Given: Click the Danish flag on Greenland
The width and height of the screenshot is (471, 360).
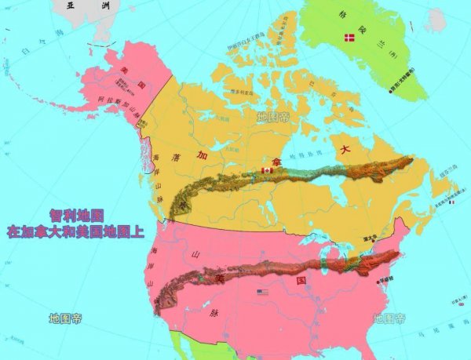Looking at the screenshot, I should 349,38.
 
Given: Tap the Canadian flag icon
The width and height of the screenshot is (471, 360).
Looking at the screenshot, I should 266,170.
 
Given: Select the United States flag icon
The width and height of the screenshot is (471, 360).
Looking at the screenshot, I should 262,293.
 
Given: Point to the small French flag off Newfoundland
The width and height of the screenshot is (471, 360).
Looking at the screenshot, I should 451,202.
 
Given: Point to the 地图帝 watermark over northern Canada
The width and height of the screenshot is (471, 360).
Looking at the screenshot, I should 273,118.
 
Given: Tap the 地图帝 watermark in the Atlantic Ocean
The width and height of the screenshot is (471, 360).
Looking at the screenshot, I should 389,318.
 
